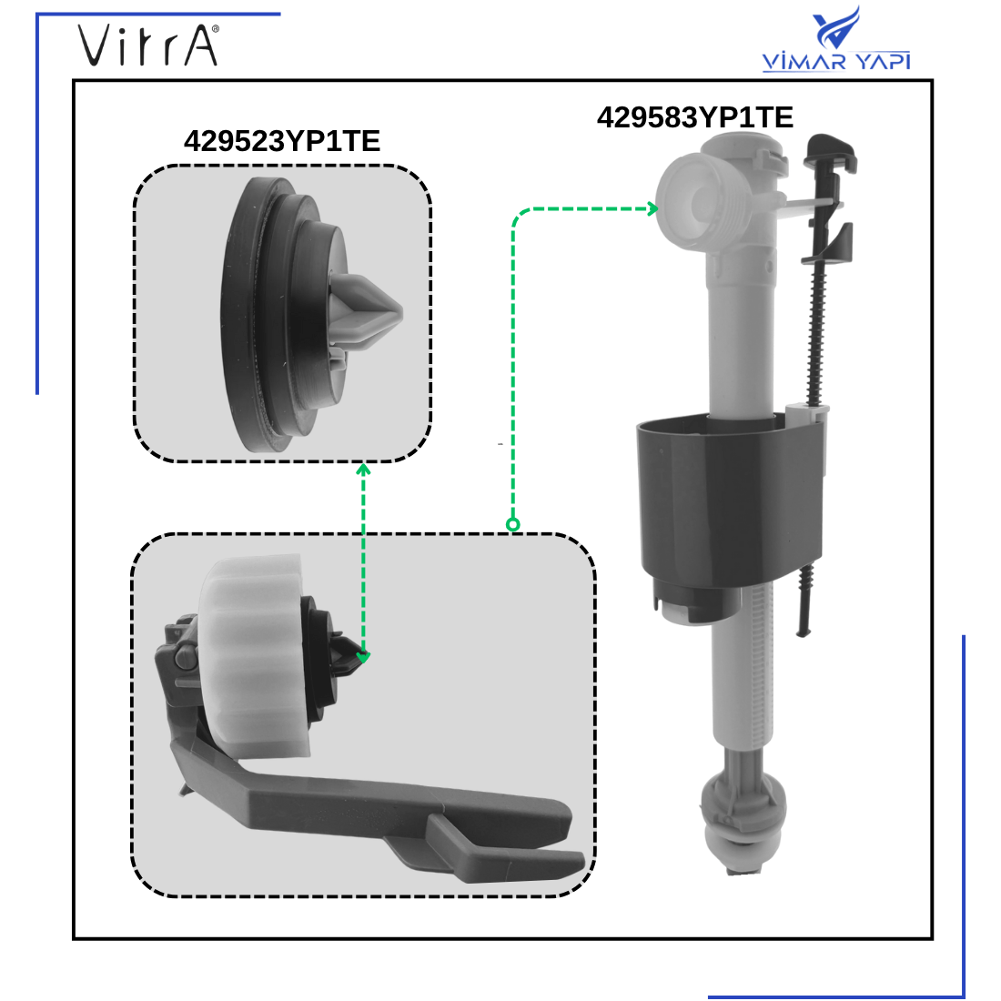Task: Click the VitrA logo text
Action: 147,45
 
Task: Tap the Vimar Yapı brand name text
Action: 836,62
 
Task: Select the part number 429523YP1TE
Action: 281,141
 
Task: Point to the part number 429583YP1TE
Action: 694,117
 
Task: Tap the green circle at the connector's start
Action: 512,524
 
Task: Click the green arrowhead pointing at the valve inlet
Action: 652,208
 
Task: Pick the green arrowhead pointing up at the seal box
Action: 363,470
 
